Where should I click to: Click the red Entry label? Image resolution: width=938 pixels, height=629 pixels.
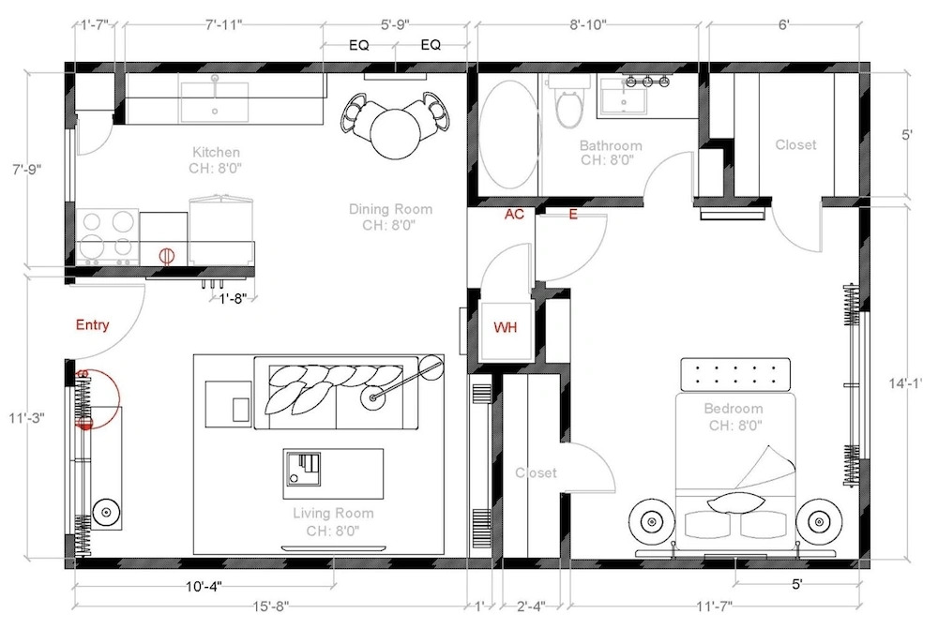pyautogui.click(x=92, y=325)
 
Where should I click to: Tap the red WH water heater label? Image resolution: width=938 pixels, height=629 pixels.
pyautogui.click(x=505, y=327)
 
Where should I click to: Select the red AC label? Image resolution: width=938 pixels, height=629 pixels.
pyautogui.click(x=514, y=214)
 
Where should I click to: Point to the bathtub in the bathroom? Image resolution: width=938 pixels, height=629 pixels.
pyautogui.click(x=509, y=135)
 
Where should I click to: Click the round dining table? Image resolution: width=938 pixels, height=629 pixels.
pyautogui.click(x=395, y=133)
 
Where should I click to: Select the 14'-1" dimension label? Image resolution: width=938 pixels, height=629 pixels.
pyautogui.click(x=907, y=383)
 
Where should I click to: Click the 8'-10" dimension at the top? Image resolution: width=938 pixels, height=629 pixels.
pyautogui.click(x=588, y=24)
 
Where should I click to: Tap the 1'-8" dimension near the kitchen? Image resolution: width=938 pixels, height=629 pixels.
pyautogui.click(x=232, y=298)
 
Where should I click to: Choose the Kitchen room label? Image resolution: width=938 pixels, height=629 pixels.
pyautogui.click(x=216, y=153)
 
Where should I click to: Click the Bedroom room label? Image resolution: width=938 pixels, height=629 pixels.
pyautogui.click(x=734, y=409)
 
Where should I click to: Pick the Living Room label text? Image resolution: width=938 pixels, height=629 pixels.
pyautogui.click(x=333, y=513)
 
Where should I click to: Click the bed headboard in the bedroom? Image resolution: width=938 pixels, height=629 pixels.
pyautogui.click(x=735, y=374)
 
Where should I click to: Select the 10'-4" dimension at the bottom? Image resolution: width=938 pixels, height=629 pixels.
pyautogui.click(x=204, y=586)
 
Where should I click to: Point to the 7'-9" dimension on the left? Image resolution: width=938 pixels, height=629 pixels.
pyautogui.click(x=27, y=170)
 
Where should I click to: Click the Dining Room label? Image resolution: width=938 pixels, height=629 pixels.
pyautogui.click(x=390, y=209)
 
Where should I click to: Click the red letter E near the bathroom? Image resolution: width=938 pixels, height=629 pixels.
pyautogui.click(x=573, y=214)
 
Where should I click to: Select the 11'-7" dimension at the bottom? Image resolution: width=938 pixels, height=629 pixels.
pyautogui.click(x=714, y=607)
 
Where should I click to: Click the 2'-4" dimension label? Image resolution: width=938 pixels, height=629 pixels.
pyautogui.click(x=531, y=607)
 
